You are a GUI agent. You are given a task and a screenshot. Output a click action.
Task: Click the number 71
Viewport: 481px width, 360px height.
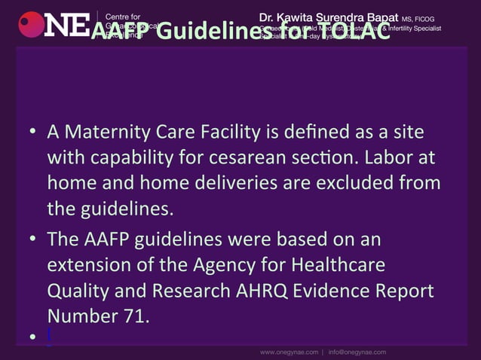pyautogui.click(x=131, y=315)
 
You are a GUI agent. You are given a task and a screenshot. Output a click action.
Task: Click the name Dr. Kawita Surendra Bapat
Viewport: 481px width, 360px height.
pyautogui.click(x=331, y=17)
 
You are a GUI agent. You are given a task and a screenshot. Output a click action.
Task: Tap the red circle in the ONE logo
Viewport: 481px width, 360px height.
pyautogui.click(x=31, y=24)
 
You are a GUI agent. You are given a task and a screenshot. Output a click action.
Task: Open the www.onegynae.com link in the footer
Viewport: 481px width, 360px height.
pyautogui.click(x=289, y=352)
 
